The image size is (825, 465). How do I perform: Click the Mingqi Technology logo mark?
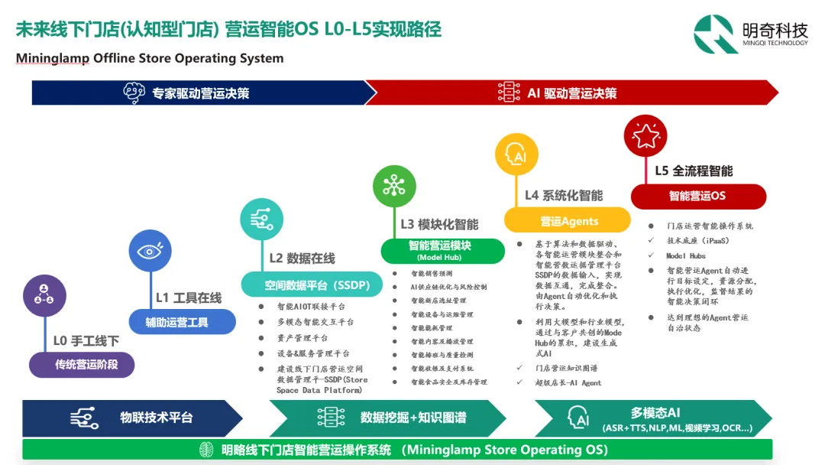[x=716, y=34]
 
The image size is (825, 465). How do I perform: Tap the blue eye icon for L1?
[x=150, y=251]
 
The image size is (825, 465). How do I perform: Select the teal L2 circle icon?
[x=262, y=219]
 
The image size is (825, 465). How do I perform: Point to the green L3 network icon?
[x=394, y=186]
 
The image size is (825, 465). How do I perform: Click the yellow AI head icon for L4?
[x=516, y=155]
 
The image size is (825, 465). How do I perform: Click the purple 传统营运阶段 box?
[x=82, y=364]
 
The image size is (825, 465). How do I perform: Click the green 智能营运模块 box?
[x=442, y=250]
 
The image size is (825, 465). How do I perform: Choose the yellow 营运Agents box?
[x=567, y=220]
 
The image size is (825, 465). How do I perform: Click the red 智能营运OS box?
[x=697, y=196]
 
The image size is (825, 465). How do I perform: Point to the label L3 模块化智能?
[x=439, y=224]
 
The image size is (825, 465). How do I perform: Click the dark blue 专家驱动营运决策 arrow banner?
[x=202, y=93]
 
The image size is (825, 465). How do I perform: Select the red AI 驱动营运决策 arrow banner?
[x=573, y=93]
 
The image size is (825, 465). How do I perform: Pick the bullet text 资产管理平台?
[x=302, y=337]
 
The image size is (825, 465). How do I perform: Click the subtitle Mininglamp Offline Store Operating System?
[x=150, y=58]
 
